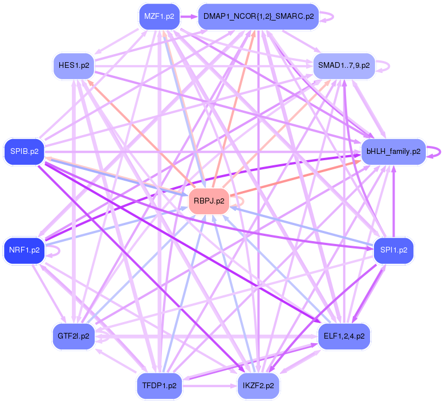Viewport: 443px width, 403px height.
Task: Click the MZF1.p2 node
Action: coord(159,17)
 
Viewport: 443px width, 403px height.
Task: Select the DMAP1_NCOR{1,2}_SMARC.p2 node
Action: coord(258,17)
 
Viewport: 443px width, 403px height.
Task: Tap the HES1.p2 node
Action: coord(74,66)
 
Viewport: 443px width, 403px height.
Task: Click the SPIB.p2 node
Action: coord(24,152)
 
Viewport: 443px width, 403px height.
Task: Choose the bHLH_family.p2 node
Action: coord(393,152)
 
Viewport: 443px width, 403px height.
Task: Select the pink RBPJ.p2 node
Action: coord(209,201)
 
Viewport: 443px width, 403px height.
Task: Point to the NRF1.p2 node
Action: coord(24,250)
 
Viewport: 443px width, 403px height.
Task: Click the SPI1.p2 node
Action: coord(393,250)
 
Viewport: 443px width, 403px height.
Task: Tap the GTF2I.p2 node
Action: coord(74,336)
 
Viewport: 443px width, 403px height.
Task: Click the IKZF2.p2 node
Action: coord(258,385)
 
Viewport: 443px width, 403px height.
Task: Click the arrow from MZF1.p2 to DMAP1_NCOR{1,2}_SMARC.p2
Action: coord(188,17)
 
